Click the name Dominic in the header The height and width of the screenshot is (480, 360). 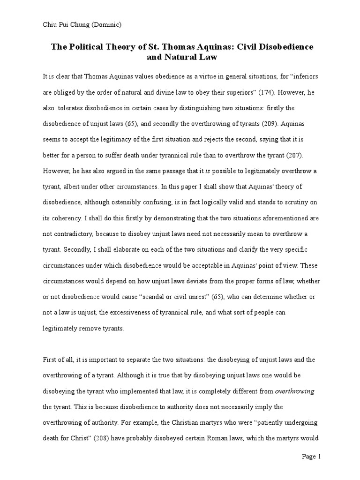pos(107,25)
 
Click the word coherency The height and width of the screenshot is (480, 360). pos(67,218)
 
